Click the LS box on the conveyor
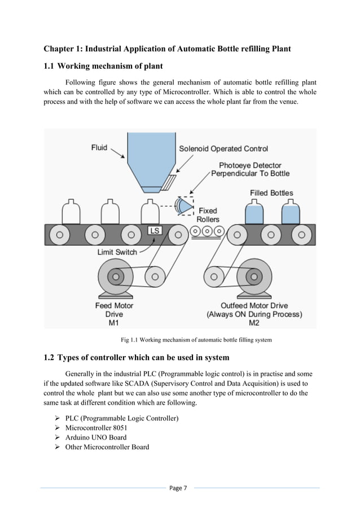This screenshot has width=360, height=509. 154,231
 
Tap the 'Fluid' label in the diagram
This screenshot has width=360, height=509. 100,148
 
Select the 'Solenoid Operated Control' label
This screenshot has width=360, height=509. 223,149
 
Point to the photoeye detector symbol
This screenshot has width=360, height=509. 185,207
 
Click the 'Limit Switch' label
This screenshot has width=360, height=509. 117,252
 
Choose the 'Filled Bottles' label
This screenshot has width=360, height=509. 271,193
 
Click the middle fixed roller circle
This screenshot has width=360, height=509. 207,231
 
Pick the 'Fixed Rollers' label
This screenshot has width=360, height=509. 208,215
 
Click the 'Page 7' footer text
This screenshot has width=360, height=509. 180,488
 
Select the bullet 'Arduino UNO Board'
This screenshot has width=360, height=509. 96,437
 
